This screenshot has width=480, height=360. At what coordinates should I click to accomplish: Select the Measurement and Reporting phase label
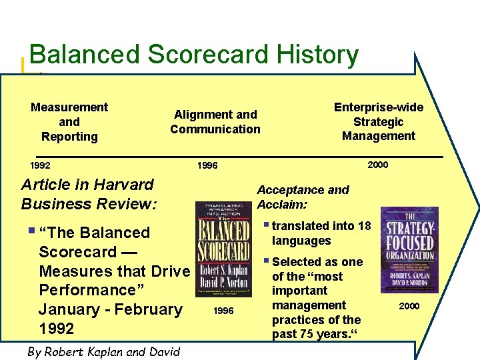pos(69,122)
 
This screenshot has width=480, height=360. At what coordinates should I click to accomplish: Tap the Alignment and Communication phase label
pos(215,122)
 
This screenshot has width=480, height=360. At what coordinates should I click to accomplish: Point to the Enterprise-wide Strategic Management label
pos(378,122)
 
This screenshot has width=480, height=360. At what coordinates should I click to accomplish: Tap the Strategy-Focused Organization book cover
pos(409,249)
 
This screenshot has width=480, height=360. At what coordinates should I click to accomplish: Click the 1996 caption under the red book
pos(223,311)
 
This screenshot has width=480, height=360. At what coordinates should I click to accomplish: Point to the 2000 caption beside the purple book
pos(409,306)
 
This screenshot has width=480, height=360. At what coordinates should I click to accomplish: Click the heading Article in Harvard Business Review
pos(89,194)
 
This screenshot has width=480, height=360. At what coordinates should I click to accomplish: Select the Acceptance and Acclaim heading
pos(303,197)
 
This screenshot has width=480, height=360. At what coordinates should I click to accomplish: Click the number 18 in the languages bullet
pos(364,226)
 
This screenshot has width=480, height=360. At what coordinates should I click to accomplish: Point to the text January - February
pos(110,309)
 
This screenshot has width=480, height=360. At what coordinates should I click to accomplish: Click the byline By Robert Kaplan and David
pos(103,351)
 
